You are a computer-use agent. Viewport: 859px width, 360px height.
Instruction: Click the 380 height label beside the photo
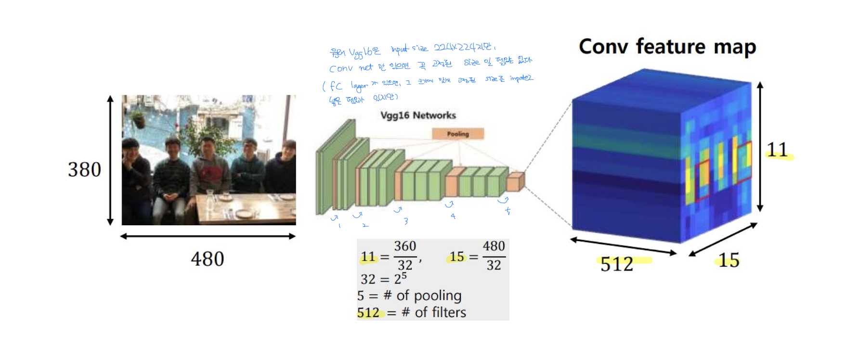(85, 169)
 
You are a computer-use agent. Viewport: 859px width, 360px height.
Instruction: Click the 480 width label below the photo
(208, 259)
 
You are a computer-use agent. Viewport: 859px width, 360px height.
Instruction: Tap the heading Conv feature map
(667, 47)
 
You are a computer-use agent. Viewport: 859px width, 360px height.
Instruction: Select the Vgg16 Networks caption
(418, 116)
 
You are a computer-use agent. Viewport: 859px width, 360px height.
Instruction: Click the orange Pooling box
(457, 134)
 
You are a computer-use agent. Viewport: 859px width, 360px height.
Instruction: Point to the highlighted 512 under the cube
(617, 264)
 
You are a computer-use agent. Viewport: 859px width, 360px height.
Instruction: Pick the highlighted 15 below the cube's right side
(729, 260)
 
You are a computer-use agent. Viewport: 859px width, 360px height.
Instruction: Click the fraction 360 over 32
(405, 256)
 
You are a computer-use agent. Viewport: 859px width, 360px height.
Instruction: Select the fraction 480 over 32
(494, 256)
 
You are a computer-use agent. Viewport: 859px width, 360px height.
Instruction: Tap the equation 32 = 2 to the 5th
(384, 279)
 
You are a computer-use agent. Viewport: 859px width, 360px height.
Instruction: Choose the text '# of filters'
(433, 313)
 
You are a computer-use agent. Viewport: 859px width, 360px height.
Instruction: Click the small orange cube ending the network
(515, 181)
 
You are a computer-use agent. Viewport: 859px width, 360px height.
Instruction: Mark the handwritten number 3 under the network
(406, 221)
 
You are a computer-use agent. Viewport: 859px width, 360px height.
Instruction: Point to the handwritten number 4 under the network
(453, 216)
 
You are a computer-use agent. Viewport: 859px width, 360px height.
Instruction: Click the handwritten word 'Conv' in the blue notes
(341, 68)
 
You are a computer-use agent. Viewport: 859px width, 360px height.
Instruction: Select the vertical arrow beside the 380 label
(110, 160)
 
